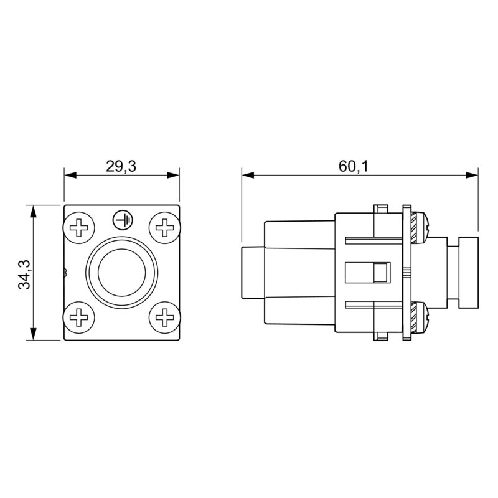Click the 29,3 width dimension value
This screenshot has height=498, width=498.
tap(121, 166)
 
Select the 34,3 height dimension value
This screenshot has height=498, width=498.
tap(24, 272)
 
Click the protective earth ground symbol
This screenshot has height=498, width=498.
tap(122, 219)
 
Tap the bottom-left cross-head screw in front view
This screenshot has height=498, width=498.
tap(80, 317)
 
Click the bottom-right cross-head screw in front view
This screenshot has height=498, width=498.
tap(164, 317)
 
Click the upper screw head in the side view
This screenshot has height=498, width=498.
tap(421, 227)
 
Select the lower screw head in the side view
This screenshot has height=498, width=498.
tap(421, 316)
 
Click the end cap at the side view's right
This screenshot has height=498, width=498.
tap(467, 272)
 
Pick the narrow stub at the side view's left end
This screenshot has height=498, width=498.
tap(252, 272)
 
